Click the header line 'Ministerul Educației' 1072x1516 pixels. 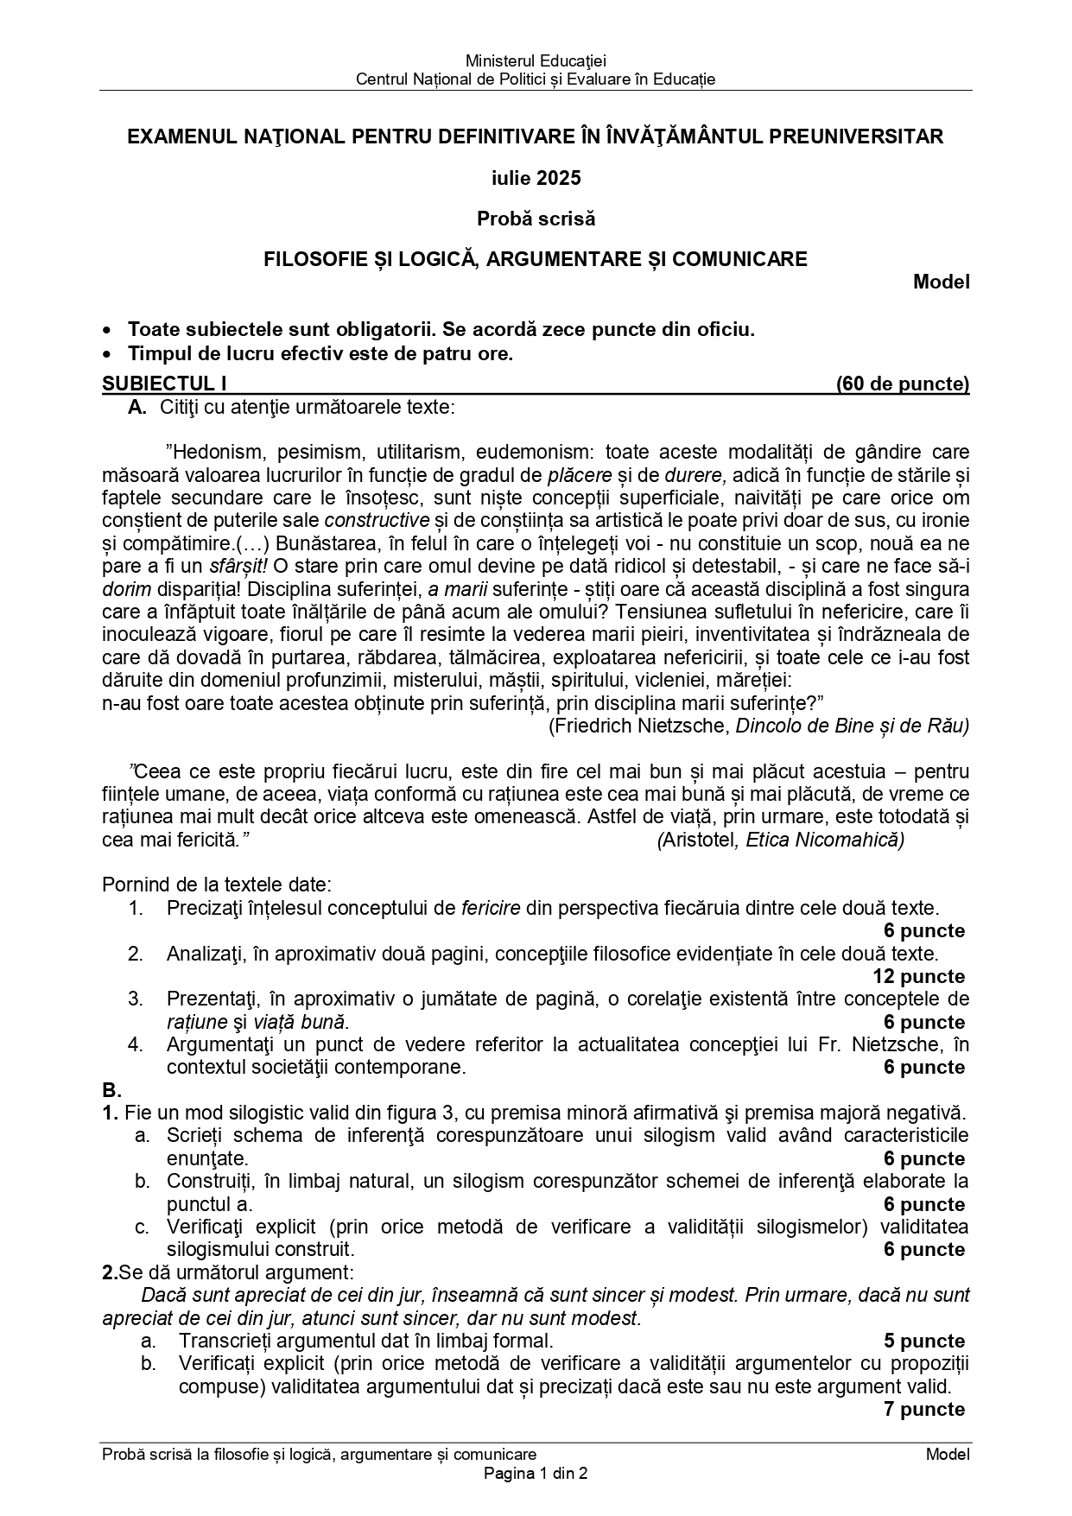(536, 60)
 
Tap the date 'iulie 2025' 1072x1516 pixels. (536, 178)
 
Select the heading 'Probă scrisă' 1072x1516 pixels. (536, 219)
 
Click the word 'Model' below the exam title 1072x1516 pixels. (942, 282)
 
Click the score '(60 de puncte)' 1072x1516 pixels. (903, 384)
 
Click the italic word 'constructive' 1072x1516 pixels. (377, 520)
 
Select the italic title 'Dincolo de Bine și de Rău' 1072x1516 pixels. (852, 726)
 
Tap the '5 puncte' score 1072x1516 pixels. (924, 1341)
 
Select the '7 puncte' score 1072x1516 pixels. (924, 1409)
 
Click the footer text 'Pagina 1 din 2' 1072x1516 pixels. (536, 1474)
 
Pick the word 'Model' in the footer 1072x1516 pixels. (948, 1454)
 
